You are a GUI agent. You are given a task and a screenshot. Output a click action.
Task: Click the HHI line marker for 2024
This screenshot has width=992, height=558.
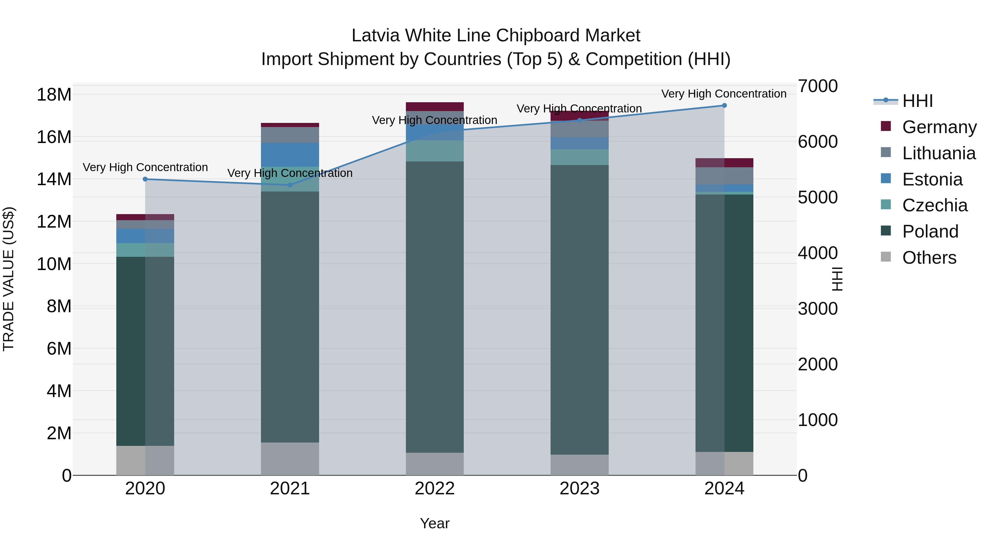(724, 106)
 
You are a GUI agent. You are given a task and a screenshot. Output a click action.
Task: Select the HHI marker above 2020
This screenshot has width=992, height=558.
(145, 179)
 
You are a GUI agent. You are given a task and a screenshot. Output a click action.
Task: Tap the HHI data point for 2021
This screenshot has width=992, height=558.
(290, 185)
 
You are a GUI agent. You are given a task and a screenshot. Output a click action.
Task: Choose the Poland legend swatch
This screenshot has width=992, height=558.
(886, 231)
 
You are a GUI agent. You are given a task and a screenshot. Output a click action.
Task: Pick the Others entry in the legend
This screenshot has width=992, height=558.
(929, 258)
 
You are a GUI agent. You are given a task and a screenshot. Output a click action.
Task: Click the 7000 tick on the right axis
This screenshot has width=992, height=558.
(818, 86)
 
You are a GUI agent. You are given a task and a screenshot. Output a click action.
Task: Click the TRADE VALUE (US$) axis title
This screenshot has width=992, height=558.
(9, 279)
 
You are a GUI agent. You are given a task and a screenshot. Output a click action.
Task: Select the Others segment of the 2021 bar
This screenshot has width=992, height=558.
(290, 459)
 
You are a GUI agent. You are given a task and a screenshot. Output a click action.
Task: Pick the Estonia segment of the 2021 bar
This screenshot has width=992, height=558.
(290, 154)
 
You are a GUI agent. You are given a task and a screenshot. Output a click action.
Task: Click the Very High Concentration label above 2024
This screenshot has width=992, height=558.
(724, 94)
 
